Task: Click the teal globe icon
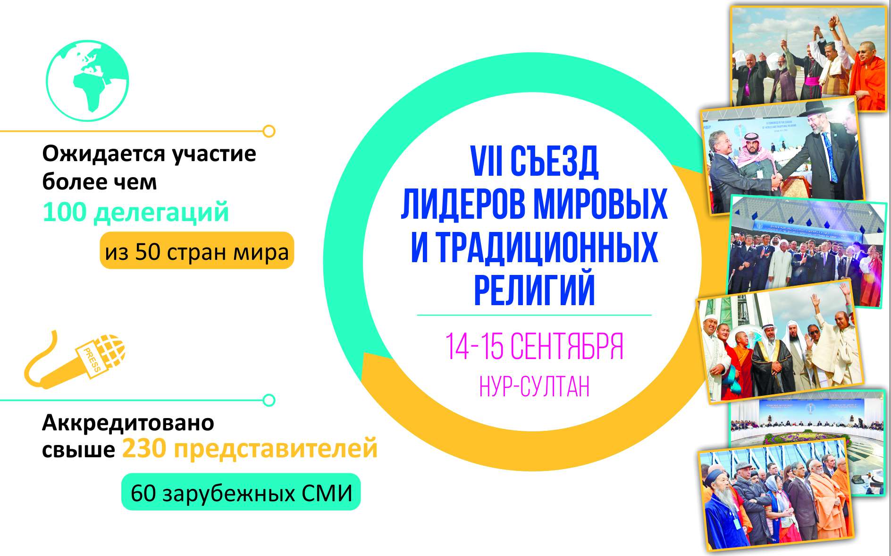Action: [x=87, y=81]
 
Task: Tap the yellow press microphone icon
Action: [x=75, y=359]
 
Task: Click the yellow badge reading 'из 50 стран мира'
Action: [x=197, y=250]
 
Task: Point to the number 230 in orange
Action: [x=143, y=448]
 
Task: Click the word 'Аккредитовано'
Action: [x=128, y=423]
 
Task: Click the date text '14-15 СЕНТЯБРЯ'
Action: [x=534, y=347]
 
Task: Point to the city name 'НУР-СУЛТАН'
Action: [x=535, y=387]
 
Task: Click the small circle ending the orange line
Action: [x=269, y=131]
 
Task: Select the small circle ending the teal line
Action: [x=269, y=400]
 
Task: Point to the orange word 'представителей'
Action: [x=276, y=448]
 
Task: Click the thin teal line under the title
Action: [x=534, y=315]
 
